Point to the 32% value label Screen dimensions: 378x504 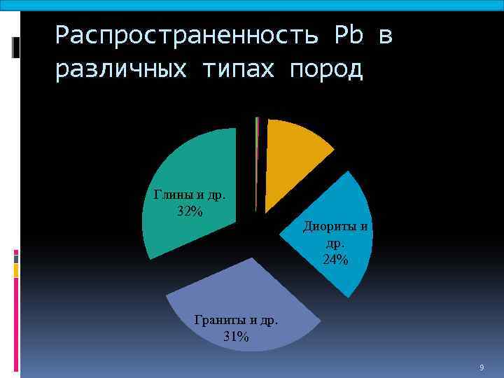[x=190, y=211]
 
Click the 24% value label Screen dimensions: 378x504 [x=335, y=260]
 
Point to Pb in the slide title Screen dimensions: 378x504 [x=350, y=35]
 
